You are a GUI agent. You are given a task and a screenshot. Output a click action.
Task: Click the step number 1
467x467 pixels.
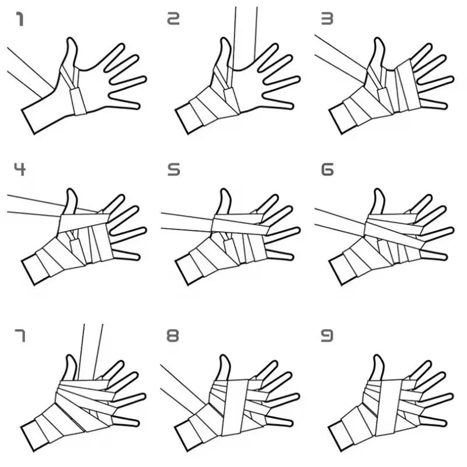coord(19,20)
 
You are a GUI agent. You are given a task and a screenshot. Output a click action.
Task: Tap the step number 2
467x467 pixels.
coord(172,20)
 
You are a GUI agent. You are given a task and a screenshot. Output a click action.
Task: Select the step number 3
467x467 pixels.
coord(327,20)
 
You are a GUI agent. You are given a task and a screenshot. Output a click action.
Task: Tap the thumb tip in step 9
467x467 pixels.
coord(378,359)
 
